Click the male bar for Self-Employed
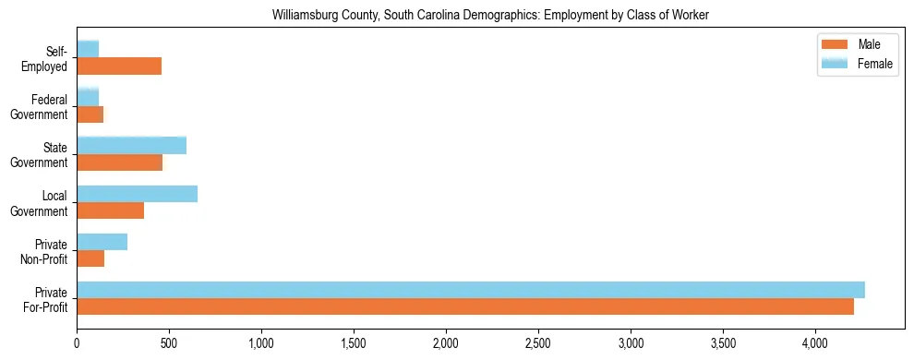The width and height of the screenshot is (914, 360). pos(119,66)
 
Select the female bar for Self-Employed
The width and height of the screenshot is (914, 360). pos(88,49)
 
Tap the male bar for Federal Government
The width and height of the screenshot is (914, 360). pos(90,114)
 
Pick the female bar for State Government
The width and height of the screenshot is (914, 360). pos(131,146)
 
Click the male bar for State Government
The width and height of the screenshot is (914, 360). pos(119,162)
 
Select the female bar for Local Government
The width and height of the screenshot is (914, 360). pos(137,194)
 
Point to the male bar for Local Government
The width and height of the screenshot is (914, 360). pos(110,210)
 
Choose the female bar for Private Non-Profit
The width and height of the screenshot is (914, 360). pos(102,242)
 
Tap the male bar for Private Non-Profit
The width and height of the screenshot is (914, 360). pos(90,258)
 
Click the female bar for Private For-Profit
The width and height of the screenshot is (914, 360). pos(471,290)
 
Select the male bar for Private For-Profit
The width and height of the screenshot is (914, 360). pos(465,306)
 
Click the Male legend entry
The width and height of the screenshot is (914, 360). pos(859,45)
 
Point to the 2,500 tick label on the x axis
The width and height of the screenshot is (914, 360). pos(538,344)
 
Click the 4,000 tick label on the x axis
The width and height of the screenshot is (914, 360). pos(815,344)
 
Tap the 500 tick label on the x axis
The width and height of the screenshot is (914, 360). pos(169,344)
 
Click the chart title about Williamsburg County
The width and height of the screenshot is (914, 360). pos(490,16)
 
